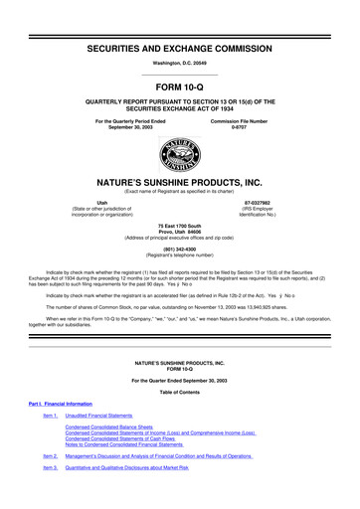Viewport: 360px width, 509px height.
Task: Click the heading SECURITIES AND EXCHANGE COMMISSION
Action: [180, 48]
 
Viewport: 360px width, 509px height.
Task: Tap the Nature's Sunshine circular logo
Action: [180, 150]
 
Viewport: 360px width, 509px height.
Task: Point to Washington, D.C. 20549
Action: [180, 63]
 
